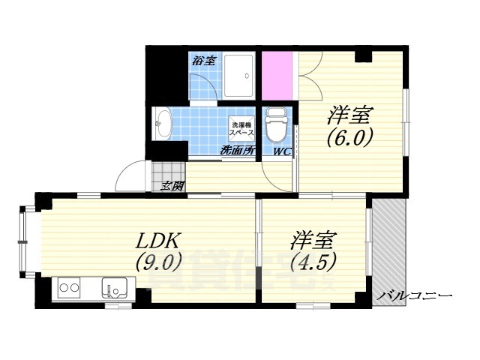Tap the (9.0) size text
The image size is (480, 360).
(158, 262)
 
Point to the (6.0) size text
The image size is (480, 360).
(349, 139)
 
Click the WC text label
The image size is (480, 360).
(282, 151)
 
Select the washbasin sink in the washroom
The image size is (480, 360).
(163, 122)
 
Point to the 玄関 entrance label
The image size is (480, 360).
(172, 187)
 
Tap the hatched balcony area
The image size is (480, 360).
(388, 247)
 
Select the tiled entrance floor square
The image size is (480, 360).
(169, 172)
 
